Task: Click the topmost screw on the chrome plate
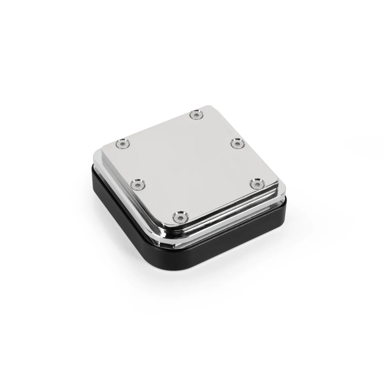pos(196,115)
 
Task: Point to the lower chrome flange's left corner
pos(94,160)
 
